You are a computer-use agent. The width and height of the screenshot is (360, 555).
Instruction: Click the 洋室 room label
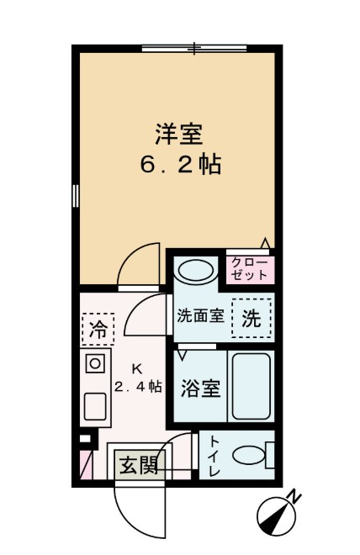click(179, 132)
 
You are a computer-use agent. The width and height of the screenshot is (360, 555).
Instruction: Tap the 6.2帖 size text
click(180, 165)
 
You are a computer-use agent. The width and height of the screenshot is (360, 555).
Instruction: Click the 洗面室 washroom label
click(199, 316)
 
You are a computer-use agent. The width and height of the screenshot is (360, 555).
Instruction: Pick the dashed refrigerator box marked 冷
click(98, 329)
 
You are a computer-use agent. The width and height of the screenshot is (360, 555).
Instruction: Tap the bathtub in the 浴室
click(250, 387)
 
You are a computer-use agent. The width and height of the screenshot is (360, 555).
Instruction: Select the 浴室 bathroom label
click(200, 388)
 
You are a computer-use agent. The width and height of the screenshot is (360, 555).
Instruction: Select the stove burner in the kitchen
click(95, 364)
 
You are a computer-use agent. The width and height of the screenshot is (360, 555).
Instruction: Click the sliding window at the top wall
click(196, 49)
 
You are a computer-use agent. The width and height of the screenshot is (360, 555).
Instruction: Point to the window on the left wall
click(75, 196)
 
